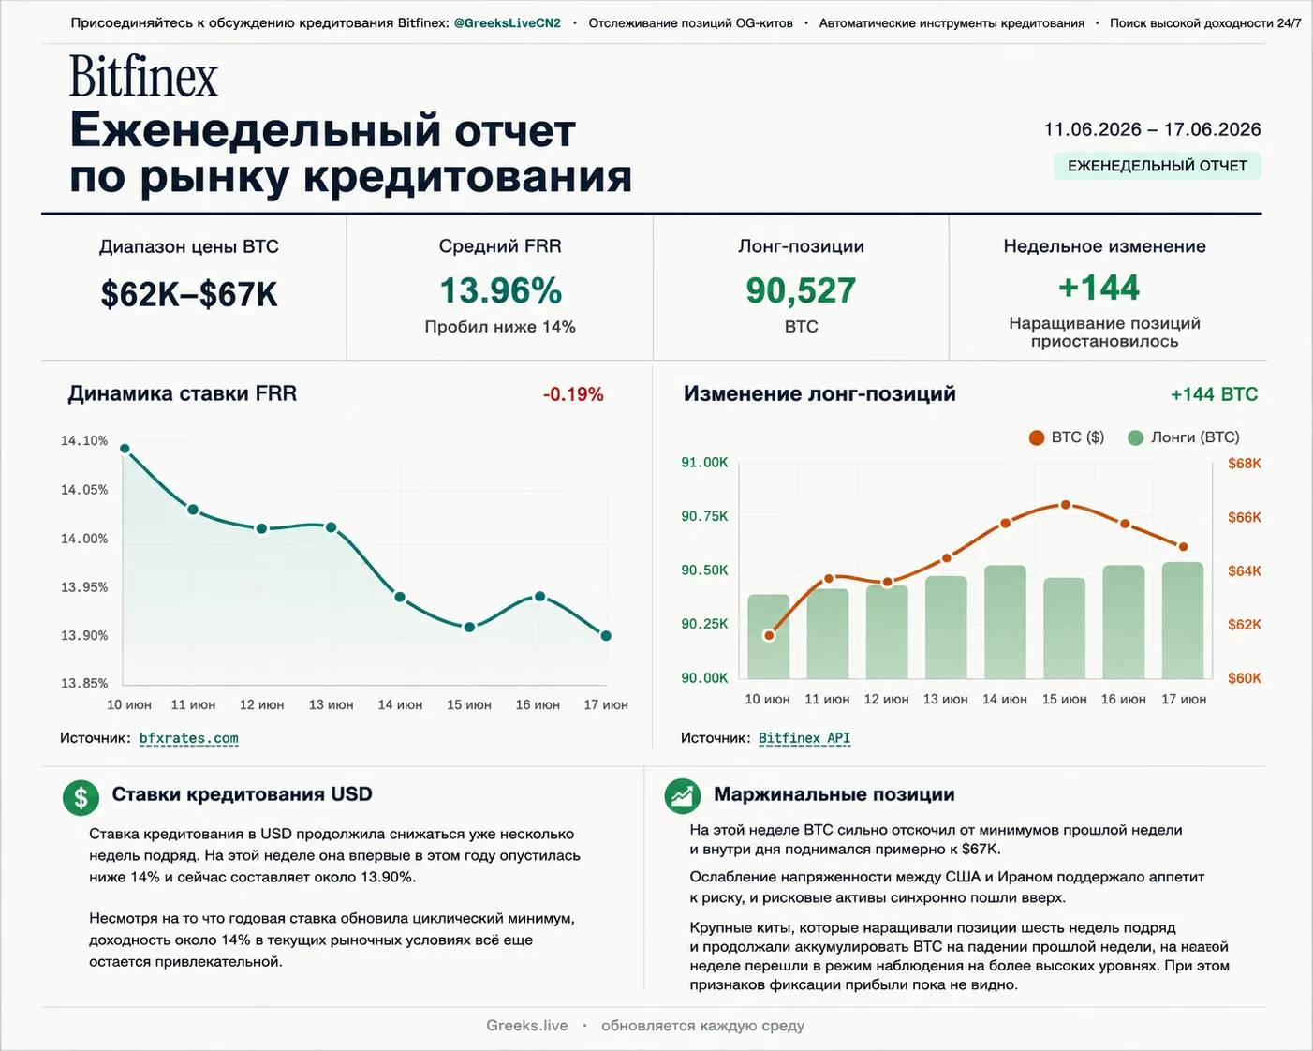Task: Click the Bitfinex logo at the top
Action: (x=143, y=76)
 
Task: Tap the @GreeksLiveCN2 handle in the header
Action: (x=507, y=23)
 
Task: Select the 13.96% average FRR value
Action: (x=500, y=290)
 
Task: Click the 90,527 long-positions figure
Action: (x=801, y=290)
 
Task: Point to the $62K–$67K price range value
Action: (x=189, y=294)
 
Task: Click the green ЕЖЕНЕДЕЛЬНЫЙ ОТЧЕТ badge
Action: (x=1157, y=166)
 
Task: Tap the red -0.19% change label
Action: (x=573, y=394)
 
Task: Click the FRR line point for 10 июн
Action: (x=125, y=449)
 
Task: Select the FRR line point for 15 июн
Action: (x=469, y=627)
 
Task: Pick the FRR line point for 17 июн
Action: (x=606, y=636)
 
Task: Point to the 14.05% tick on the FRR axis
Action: (x=84, y=490)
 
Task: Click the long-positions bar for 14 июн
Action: (x=1005, y=622)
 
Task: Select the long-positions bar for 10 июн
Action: (x=768, y=637)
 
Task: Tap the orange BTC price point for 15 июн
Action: (x=1065, y=505)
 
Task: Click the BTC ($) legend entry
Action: (x=1066, y=437)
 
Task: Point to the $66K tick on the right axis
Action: (x=1244, y=518)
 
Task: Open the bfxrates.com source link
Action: (x=188, y=738)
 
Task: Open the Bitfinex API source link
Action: (x=804, y=738)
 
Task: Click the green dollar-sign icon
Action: (x=81, y=798)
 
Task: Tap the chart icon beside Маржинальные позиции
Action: (x=682, y=796)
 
